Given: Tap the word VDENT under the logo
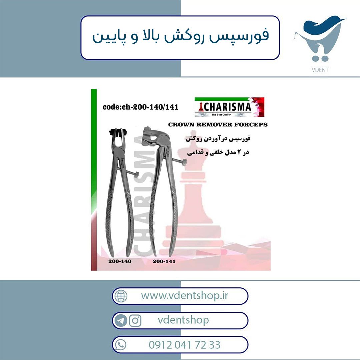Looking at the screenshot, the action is click(x=320, y=70).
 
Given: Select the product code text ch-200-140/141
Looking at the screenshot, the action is click(x=150, y=107).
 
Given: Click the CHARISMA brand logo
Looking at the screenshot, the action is click(x=229, y=107).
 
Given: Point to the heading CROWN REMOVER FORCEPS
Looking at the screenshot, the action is click(x=218, y=125).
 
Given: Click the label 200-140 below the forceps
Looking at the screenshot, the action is click(x=120, y=261).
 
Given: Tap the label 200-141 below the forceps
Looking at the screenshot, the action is click(x=164, y=261).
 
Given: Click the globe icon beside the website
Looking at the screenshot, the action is click(x=121, y=296).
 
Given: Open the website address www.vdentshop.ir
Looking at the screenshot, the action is click(x=185, y=295).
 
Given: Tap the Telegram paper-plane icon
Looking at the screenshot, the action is click(x=121, y=321).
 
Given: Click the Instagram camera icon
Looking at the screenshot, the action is click(x=135, y=320).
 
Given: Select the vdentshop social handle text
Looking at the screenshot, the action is click(x=183, y=320).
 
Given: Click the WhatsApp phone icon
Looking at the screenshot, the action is click(x=121, y=345).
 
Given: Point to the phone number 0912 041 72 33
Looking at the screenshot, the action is click(x=185, y=345).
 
